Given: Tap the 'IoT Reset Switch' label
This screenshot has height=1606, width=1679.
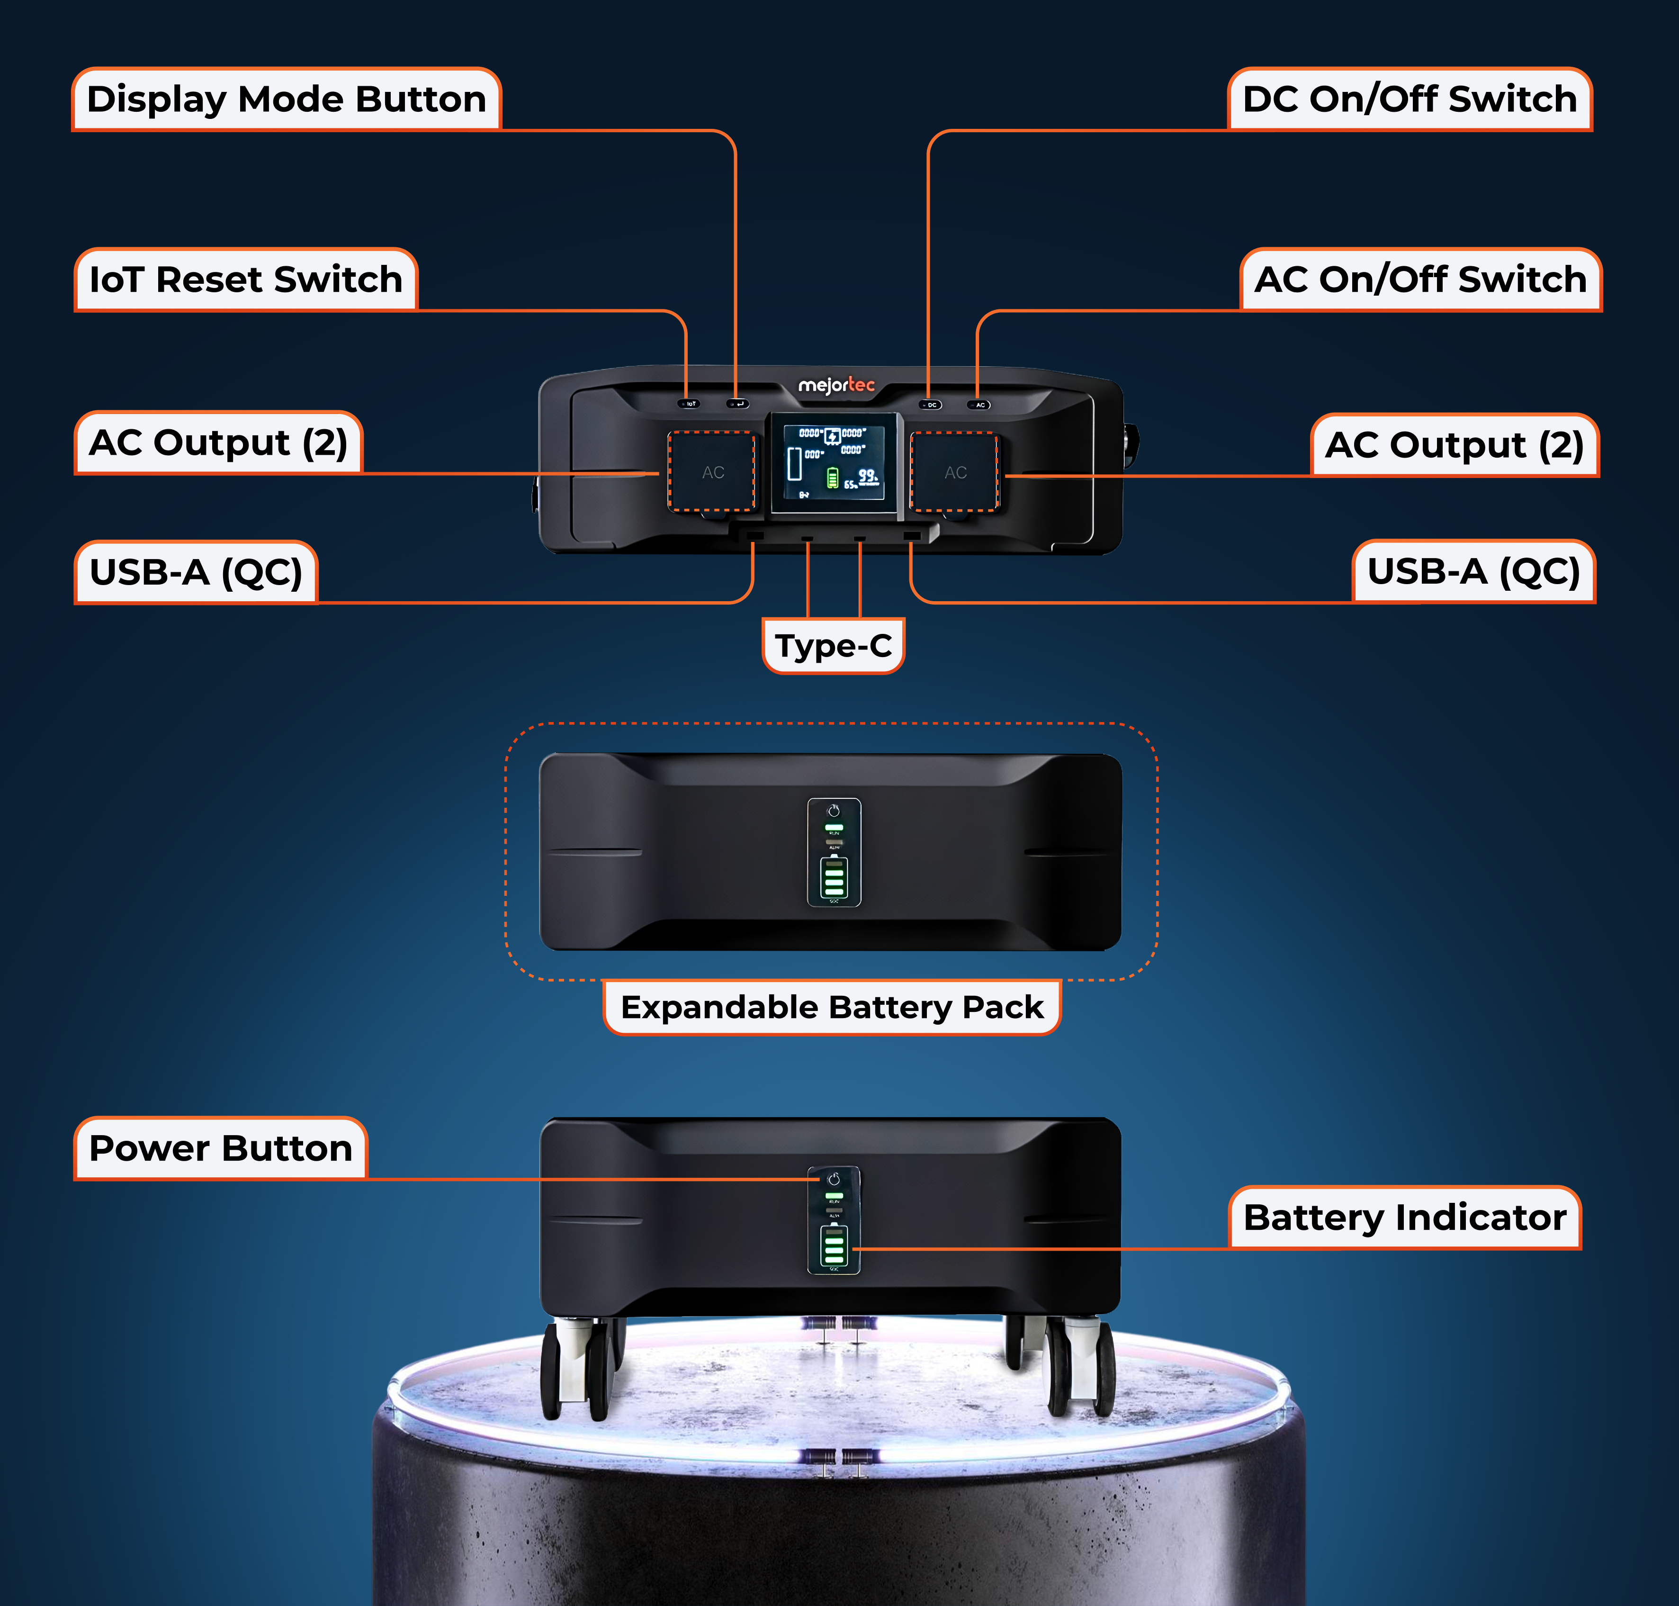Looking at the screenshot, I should click(246, 280).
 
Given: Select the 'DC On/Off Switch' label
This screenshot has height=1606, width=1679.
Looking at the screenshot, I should click(1410, 99).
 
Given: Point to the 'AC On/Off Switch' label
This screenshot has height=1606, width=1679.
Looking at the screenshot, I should click(1420, 280).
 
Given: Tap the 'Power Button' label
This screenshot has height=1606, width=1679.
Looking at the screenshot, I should click(221, 1148).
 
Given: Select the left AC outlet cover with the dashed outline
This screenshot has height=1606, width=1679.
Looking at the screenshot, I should click(712, 472).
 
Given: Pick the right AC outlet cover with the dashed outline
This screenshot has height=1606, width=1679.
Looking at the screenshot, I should click(955, 472).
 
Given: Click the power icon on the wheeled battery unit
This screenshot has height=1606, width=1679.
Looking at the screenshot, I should click(834, 1180).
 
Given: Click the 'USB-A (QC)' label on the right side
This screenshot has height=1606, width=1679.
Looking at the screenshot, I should click(1473, 572).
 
